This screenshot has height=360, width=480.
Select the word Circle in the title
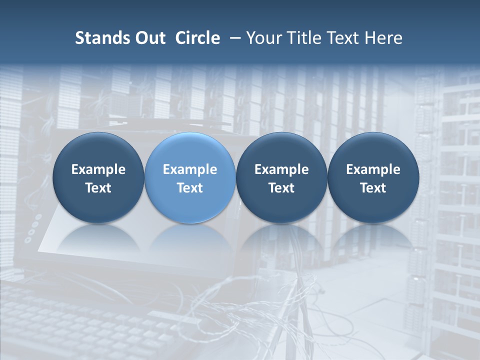(x=197, y=38)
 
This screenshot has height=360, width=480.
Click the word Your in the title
(x=263, y=38)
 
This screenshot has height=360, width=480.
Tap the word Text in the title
(x=341, y=38)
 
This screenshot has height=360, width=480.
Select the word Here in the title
(x=383, y=38)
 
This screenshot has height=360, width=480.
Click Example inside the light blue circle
(x=190, y=169)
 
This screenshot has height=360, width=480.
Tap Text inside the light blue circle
(x=190, y=188)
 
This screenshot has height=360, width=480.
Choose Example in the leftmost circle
(x=98, y=169)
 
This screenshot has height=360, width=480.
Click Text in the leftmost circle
(x=98, y=188)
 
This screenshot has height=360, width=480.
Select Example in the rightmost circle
(x=373, y=169)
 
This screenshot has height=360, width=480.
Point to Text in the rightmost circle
(x=373, y=188)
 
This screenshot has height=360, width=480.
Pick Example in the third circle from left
(x=281, y=169)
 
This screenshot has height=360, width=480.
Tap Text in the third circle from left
(x=281, y=188)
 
